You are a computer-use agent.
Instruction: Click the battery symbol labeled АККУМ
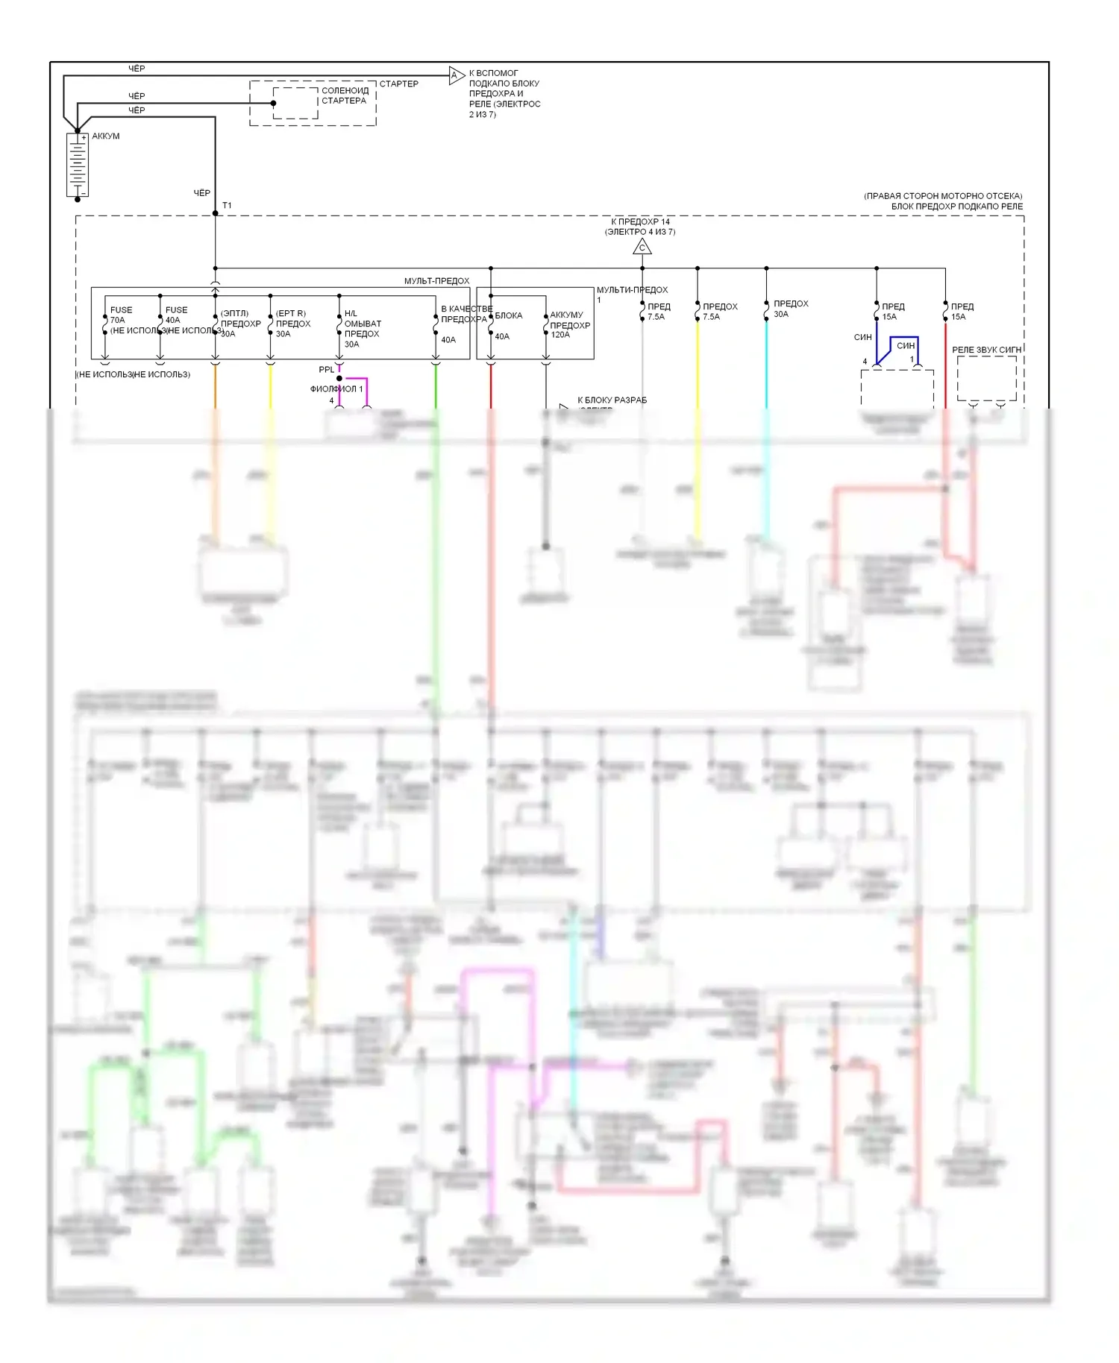coord(78,166)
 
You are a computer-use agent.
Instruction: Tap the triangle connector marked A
coord(456,75)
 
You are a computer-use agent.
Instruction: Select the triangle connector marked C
coord(642,247)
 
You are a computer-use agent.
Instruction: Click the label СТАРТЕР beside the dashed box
coord(399,84)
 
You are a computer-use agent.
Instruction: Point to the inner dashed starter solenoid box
coord(295,103)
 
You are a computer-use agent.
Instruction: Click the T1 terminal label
coord(227,205)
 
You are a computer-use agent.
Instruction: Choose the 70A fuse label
coord(118,320)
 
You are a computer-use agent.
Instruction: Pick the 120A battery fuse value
coord(560,335)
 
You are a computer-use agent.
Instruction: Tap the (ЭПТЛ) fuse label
coord(234,313)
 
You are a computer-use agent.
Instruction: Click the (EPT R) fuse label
coord(291,313)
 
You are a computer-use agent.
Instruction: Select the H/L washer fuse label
coord(351,313)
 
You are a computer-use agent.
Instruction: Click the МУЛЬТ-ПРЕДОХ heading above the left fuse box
coord(436,281)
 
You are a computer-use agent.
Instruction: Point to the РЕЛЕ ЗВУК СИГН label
coord(986,350)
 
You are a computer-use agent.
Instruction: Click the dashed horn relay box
coord(986,378)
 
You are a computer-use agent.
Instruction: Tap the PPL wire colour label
coord(327,369)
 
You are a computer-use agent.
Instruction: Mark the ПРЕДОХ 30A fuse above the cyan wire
coord(790,309)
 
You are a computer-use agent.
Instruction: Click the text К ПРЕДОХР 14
coord(640,221)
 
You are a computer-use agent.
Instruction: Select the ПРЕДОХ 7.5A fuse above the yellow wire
coord(719,312)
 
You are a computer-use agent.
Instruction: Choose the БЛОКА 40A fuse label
coord(508,315)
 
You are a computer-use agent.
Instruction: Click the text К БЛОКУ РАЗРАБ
coord(612,400)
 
